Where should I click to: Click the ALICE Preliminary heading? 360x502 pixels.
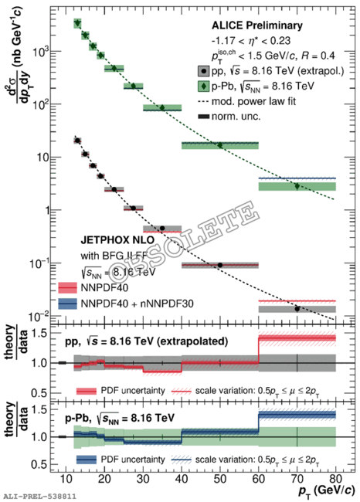257,25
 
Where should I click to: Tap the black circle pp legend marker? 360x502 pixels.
204,71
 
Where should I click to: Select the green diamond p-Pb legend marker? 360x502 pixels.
204,86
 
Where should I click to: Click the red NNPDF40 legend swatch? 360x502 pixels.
67,288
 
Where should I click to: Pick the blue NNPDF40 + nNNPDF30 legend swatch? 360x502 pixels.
67,304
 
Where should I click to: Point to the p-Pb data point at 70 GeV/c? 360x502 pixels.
297,186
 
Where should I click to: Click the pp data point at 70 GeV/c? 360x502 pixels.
297,309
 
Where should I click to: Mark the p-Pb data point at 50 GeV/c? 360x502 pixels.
220,145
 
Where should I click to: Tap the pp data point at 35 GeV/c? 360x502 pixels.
162,229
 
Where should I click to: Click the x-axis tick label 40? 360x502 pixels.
182,480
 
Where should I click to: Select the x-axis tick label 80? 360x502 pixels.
335,480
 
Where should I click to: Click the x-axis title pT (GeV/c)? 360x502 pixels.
326,491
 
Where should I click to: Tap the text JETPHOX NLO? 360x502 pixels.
117,239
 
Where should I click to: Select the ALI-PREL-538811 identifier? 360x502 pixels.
39,497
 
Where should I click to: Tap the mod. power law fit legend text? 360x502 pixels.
253,101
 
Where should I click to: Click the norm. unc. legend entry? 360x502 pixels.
229,116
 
